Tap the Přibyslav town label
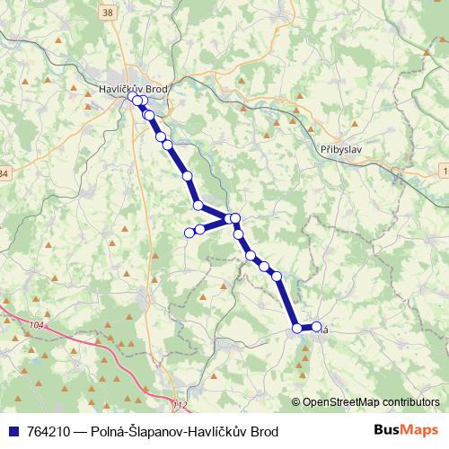tap(341, 150)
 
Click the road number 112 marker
tap(180, 405)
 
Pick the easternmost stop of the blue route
tap(316, 327)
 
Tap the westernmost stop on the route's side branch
tap(189, 233)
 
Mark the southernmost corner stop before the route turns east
tap(297, 328)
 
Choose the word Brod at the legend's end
tap(261, 432)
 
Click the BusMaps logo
tap(406, 431)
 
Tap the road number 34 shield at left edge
tap(3, 172)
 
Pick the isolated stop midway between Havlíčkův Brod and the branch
tap(188, 176)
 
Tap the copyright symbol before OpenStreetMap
tap(296, 403)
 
